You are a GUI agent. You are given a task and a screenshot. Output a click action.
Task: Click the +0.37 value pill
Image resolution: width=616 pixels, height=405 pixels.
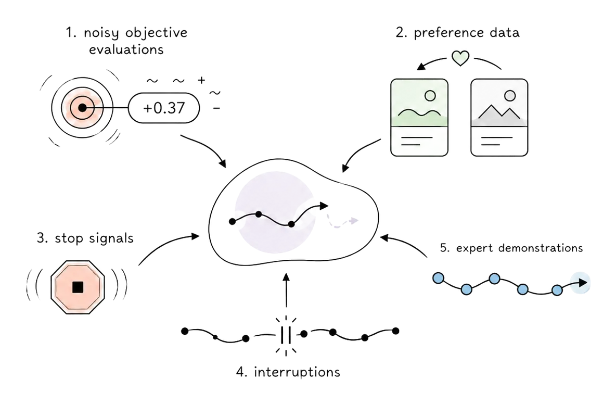click(x=164, y=108)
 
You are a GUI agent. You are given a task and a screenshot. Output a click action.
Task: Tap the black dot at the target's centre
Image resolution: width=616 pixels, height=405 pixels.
click(x=82, y=107)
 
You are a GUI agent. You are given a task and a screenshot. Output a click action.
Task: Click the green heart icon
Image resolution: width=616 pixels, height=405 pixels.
click(x=460, y=58)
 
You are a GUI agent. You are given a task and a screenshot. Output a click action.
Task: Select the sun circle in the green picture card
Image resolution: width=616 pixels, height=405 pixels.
click(x=430, y=96)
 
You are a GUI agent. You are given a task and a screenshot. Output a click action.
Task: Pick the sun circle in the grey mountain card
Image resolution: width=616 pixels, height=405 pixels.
click(x=509, y=96)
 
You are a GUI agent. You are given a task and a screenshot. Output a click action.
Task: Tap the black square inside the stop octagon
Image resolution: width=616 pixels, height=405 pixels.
click(x=78, y=287)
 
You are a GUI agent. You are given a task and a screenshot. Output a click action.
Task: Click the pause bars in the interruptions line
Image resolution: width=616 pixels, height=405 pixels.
click(x=286, y=335)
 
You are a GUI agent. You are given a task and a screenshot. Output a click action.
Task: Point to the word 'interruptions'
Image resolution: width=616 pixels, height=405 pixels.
click(x=297, y=372)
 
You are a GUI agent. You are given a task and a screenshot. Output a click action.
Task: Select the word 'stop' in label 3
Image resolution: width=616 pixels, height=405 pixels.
click(x=69, y=238)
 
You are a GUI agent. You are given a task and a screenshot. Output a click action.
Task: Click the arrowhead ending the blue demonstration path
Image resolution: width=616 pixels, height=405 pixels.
click(x=583, y=282)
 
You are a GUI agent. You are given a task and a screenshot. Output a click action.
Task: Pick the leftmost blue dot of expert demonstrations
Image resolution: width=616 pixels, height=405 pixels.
click(x=438, y=279)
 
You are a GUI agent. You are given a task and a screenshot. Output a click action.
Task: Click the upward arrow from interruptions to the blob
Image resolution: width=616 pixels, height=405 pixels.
click(x=286, y=290)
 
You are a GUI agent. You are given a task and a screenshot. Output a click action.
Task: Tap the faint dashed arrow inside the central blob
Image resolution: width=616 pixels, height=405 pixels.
click(x=342, y=223)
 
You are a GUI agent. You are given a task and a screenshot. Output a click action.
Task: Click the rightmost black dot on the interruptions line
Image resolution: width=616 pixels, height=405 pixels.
click(x=395, y=331)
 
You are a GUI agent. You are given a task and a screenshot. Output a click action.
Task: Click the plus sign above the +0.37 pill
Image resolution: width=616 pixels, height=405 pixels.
click(x=201, y=80)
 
